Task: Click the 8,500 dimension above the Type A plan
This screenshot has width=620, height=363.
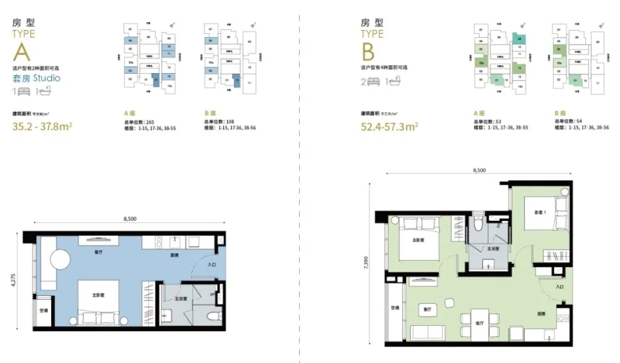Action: click(130, 219)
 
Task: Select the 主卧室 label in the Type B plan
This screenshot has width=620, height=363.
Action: click(417, 240)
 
